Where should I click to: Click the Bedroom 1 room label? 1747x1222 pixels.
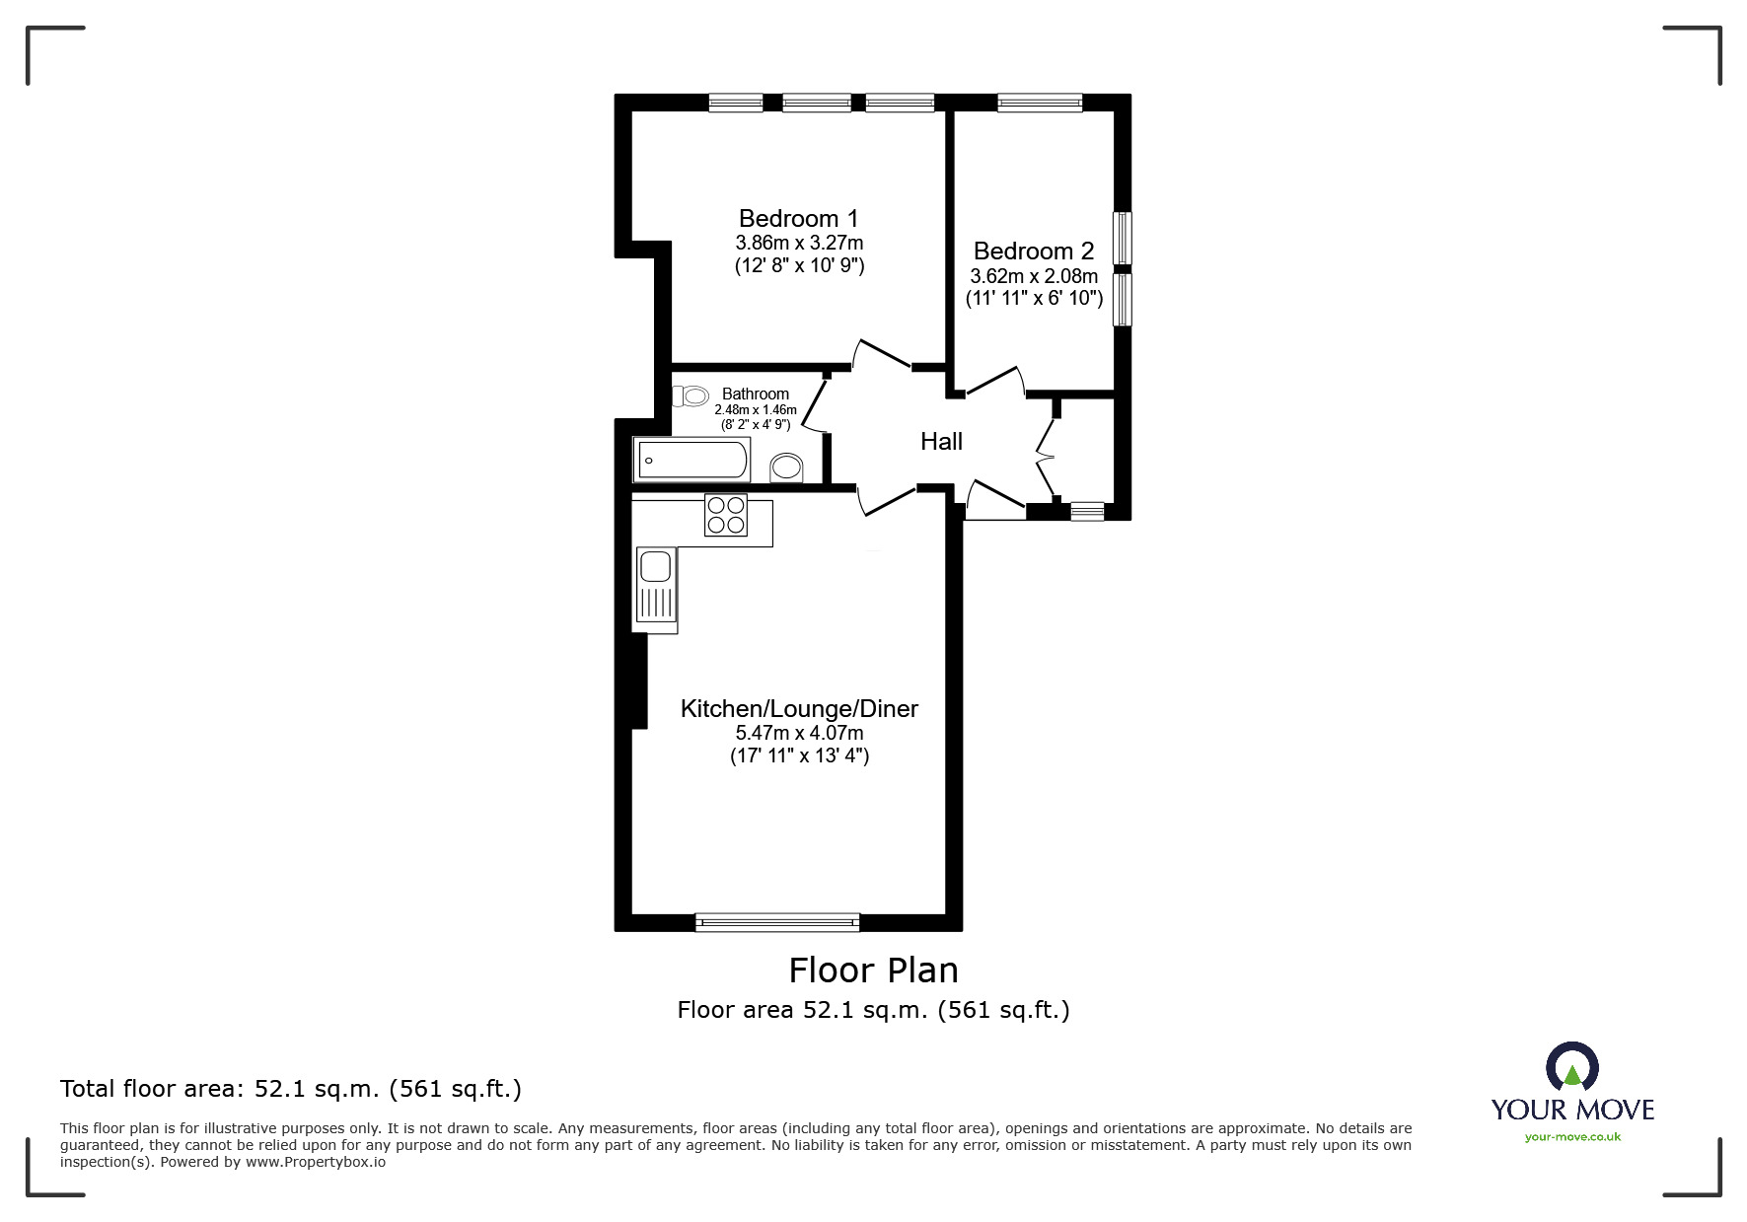[x=798, y=218]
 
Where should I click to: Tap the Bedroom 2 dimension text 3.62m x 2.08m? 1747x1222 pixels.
[x=1033, y=276]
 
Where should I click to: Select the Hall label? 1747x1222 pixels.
[x=941, y=442]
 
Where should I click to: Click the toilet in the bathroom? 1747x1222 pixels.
[x=692, y=396]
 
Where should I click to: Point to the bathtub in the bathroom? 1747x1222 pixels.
[x=693, y=461]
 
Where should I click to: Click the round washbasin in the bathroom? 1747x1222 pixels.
[x=786, y=467]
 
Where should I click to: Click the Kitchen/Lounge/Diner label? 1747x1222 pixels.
[x=799, y=708]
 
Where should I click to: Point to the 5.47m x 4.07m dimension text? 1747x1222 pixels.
[x=799, y=733]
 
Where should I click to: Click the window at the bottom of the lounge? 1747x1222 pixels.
[x=777, y=922]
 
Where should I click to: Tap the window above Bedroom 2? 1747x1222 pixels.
[x=1040, y=102]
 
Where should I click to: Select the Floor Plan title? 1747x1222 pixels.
[x=873, y=970]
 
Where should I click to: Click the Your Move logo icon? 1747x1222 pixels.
[x=1571, y=1069]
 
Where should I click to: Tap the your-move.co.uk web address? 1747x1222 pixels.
[x=1572, y=1137]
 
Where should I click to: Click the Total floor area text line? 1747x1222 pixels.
[x=291, y=1089]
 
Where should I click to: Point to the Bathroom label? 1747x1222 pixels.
[x=756, y=394]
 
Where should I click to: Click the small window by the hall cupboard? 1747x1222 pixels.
[x=1087, y=511]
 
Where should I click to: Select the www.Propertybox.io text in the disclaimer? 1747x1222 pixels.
[x=316, y=1162]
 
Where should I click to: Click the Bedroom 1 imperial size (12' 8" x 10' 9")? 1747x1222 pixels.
[x=799, y=265]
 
